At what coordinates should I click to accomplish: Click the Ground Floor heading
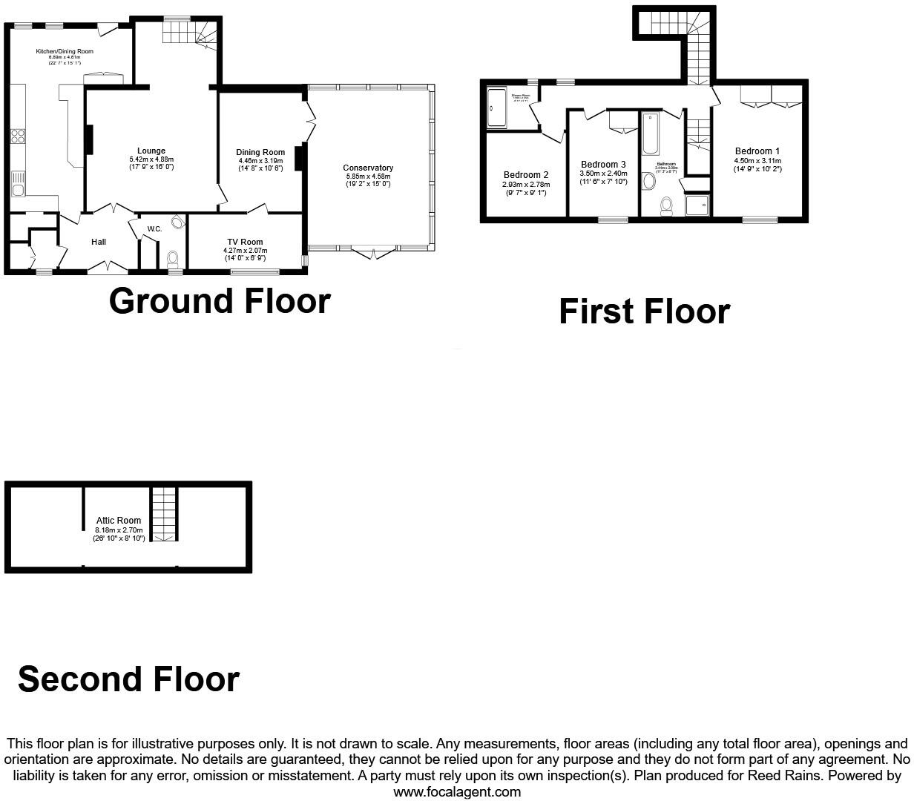tap(220, 301)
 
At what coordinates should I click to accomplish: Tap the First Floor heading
tap(644, 311)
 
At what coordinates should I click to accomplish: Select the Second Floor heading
tap(128, 679)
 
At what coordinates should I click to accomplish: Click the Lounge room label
tap(151, 151)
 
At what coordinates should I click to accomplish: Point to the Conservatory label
tap(368, 168)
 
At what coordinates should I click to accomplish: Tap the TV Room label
tap(245, 242)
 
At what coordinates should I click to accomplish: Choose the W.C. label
tap(154, 229)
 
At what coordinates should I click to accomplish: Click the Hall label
tap(99, 242)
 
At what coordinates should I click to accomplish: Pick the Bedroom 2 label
tap(525, 176)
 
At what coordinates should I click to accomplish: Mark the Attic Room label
tap(119, 521)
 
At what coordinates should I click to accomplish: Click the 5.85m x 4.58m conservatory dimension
tap(368, 176)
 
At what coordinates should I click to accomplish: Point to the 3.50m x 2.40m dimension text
tap(603, 173)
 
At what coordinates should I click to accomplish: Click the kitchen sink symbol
tap(17, 183)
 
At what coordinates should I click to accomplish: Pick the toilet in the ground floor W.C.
tap(173, 259)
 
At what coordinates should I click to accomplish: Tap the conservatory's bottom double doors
tap(372, 252)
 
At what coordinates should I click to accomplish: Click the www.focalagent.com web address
tap(457, 791)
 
